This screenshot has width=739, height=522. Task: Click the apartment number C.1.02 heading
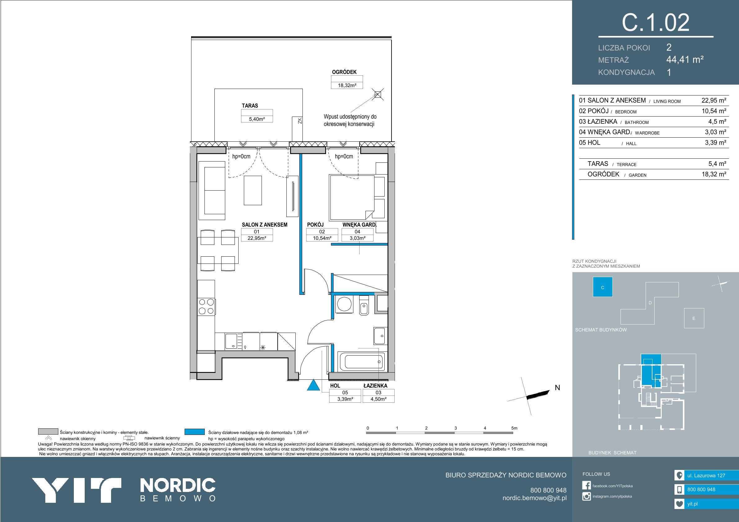click(x=655, y=23)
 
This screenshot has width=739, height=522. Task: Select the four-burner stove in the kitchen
click(x=206, y=307)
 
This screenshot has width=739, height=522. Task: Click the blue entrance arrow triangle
click(x=313, y=385)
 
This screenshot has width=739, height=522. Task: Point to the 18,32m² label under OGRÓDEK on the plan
click(x=347, y=85)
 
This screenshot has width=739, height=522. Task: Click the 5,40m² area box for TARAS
click(x=257, y=119)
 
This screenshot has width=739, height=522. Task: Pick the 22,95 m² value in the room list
click(x=714, y=100)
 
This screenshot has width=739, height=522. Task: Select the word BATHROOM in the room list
click(x=637, y=122)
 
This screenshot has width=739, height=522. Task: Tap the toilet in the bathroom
click(x=364, y=305)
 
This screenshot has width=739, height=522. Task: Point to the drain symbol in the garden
click(x=378, y=95)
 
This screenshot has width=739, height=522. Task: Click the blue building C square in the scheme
click(x=602, y=287)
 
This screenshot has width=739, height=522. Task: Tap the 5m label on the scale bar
click(x=514, y=428)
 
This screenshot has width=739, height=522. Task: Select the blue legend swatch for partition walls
click(x=195, y=432)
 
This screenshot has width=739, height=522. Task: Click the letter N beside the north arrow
click(x=557, y=388)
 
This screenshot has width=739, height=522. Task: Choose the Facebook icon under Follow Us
click(x=586, y=485)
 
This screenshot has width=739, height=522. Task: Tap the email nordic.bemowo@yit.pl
click(x=535, y=498)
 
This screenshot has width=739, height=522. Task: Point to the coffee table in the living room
click(x=253, y=190)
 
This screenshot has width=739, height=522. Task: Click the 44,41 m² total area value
click(x=685, y=60)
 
